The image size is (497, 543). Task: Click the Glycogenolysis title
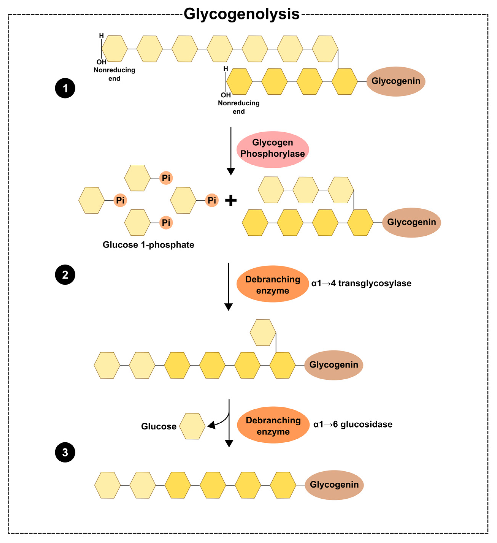[241, 14]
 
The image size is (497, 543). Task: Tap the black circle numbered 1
[65, 88]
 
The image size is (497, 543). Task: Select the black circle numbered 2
[65, 275]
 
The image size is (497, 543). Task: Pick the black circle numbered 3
[65, 452]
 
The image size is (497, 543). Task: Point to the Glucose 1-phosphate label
[148, 245]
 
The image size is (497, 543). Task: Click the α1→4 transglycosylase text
[361, 283]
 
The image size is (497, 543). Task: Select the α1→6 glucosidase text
[353, 425]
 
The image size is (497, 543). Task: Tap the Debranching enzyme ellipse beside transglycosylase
[273, 284]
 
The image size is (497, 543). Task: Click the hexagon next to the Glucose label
[192, 426]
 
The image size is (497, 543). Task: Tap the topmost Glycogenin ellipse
[396, 81]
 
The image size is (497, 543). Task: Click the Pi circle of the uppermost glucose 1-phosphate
[166, 178]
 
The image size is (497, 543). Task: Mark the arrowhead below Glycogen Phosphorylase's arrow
[231, 171]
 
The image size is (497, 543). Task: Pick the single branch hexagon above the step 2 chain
[263, 333]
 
